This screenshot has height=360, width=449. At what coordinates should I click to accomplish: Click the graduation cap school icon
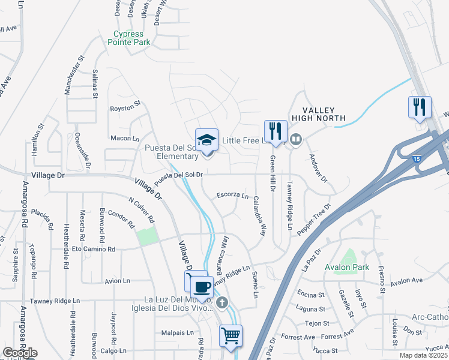pos(207,140)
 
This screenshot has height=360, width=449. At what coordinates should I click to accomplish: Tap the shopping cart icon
pos(231,335)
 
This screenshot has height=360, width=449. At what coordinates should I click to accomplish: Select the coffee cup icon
pos(202,286)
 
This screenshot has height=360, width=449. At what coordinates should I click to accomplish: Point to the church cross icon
pos(223,302)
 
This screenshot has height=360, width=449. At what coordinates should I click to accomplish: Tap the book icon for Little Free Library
pos(295,140)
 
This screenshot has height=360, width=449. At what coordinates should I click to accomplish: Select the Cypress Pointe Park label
pos(129,38)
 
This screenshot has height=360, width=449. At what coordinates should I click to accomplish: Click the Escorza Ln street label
pos(232,195)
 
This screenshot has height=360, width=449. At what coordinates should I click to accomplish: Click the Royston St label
pos(125,109)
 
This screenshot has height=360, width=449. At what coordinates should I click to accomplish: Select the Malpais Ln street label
pos(178,332)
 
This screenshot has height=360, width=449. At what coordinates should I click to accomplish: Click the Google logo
pos(20,352)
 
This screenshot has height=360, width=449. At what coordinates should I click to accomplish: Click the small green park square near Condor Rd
pos(146,236)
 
